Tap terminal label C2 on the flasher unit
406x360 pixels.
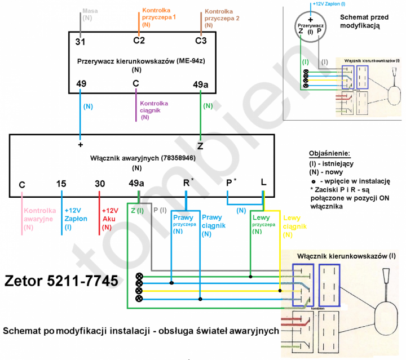(x=139, y=41)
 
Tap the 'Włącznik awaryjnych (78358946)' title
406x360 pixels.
(x=143, y=158)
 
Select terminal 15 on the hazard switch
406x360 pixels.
(x=62, y=184)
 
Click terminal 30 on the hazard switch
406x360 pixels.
(x=100, y=184)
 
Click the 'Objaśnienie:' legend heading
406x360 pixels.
(x=330, y=153)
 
